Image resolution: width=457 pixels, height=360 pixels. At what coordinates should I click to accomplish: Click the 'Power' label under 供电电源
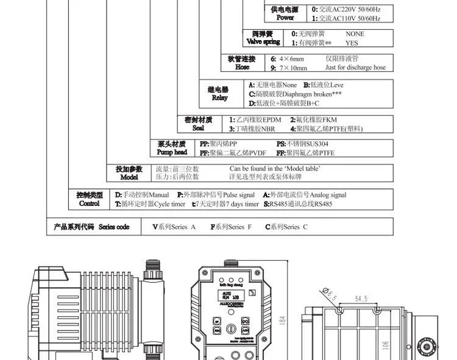click(x=285, y=18)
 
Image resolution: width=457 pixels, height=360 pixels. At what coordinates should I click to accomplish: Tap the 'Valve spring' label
click(x=263, y=42)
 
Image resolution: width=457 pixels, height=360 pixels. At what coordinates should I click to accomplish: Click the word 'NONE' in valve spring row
click(x=355, y=34)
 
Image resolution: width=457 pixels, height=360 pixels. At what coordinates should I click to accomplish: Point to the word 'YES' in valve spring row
click(x=352, y=43)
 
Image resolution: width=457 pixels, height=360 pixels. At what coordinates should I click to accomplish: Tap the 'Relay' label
click(x=219, y=98)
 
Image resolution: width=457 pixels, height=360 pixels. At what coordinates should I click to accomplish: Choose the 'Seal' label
click(x=198, y=129)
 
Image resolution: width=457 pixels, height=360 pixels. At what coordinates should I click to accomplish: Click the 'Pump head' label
click(x=172, y=152)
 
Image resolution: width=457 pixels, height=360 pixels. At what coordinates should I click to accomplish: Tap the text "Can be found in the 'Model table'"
click(x=275, y=168)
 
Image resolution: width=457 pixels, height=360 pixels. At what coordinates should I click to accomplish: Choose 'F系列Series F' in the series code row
click(x=231, y=227)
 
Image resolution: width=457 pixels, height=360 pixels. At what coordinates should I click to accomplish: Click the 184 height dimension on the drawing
click(x=283, y=320)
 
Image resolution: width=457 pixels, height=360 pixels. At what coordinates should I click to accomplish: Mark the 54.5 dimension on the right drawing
click(x=361, y=299)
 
